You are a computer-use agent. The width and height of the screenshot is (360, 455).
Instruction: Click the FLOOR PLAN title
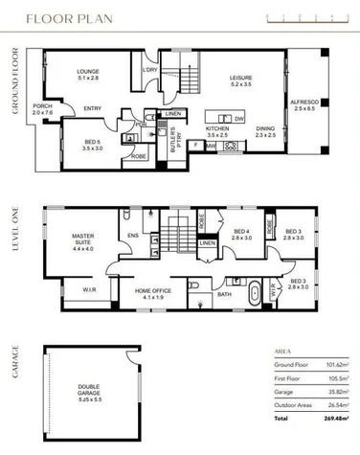click(66, 17)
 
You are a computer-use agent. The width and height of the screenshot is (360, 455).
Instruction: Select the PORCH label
click(42, 108)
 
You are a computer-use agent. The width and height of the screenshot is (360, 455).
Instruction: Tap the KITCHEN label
click(217, 130)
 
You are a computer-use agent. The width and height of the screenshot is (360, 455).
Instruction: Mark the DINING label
click(265, 130)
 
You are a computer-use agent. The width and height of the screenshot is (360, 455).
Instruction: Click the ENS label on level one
click(133, 232)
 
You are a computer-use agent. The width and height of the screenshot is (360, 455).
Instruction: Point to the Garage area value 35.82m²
click(332, 390)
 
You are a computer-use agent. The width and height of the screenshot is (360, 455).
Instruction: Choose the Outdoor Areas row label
click(294, 402)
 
